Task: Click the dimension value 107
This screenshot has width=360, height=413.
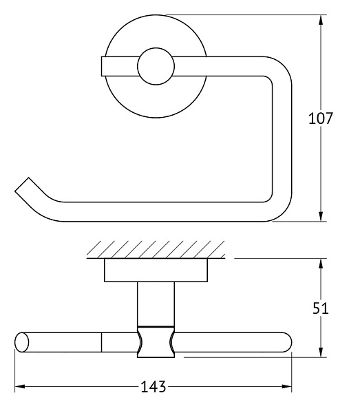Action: (x=321, y=118)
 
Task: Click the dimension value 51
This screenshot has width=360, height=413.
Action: (x=321, y=308)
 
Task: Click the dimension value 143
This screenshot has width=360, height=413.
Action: (x=153, y=387)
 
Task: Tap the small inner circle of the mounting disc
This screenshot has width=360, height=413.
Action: (x=156, y=66)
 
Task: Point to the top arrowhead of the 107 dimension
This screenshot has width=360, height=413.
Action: (x=321, y=21)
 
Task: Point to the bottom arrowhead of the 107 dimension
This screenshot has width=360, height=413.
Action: (x=321, y=215)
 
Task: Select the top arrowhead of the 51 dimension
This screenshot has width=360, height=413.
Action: (x=321, y=264)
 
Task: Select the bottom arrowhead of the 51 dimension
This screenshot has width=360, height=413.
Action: (x=321, y=352)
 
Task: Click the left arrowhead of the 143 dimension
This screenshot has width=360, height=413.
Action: (x=20, y=387)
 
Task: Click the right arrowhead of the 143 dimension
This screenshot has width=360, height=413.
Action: (x=286, y=387)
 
